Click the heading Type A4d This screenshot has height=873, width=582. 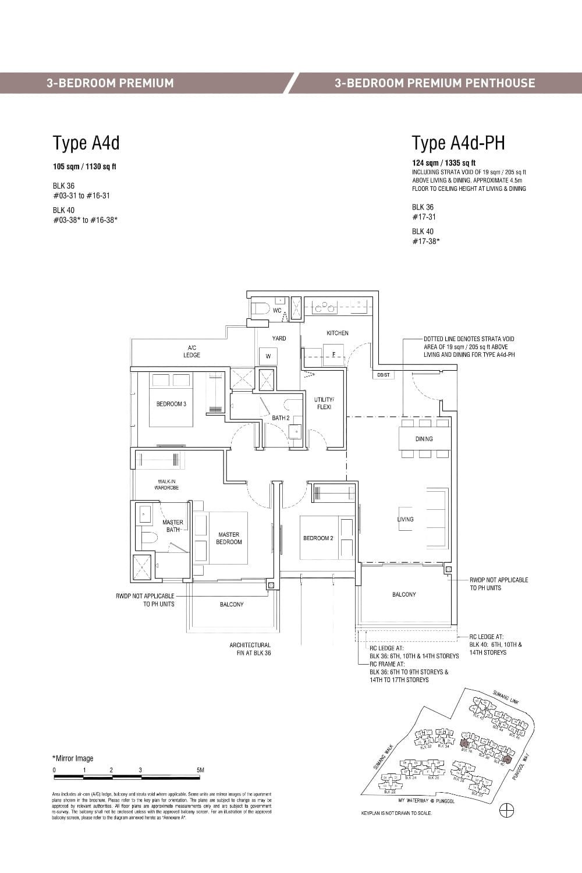(86, 143)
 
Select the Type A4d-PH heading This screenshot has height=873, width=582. (458, 143)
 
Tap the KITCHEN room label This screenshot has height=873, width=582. (337, 333)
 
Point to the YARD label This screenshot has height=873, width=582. (279, 338)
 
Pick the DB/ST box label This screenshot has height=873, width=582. (384, 375)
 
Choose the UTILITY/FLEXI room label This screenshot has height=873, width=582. (324, 403)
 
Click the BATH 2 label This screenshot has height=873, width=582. (281, 418)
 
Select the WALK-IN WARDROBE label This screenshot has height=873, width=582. (166, 484)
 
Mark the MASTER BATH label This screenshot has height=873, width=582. (172, 526)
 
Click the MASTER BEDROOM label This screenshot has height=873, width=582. (229, 538)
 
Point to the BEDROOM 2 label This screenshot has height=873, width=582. (318, 538)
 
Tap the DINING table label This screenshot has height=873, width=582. (424, 439)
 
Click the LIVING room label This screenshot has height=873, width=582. (405, 519)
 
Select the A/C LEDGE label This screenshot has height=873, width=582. (191, 352)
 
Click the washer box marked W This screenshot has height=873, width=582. (268, 356)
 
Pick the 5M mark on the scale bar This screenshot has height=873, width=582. (201, 770)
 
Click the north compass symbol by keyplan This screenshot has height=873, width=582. (507, 810)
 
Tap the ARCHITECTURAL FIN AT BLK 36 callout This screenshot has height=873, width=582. (250, 649)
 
